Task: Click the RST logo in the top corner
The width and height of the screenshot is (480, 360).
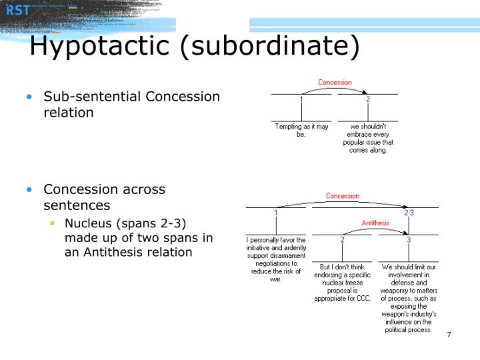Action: coord(18,9)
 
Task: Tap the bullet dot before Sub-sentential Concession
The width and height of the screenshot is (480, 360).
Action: coord(29,97)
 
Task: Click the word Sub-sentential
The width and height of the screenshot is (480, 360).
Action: coord(92,97)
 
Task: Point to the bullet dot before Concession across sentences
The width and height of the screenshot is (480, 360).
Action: coord(29,189)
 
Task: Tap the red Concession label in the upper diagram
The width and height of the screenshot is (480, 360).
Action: coord(335,83)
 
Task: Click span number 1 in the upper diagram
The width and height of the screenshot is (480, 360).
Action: coord(301,99)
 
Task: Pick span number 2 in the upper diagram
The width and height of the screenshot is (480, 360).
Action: coord(367,99)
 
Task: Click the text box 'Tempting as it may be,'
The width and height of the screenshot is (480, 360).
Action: coord(301,130)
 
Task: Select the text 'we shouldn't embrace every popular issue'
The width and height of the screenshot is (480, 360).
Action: coord(368,138)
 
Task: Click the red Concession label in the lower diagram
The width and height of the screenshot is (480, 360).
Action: coord(342,196)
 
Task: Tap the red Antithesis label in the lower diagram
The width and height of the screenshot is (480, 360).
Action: coord(375,223)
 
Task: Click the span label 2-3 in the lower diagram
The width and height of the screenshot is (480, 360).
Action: coord(409,213)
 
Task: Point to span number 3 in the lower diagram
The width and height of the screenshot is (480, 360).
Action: coord(409,239)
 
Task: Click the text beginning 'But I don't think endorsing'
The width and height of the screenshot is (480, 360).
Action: coord(342,282)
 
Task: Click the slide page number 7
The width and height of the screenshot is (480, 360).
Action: coord(449,334)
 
